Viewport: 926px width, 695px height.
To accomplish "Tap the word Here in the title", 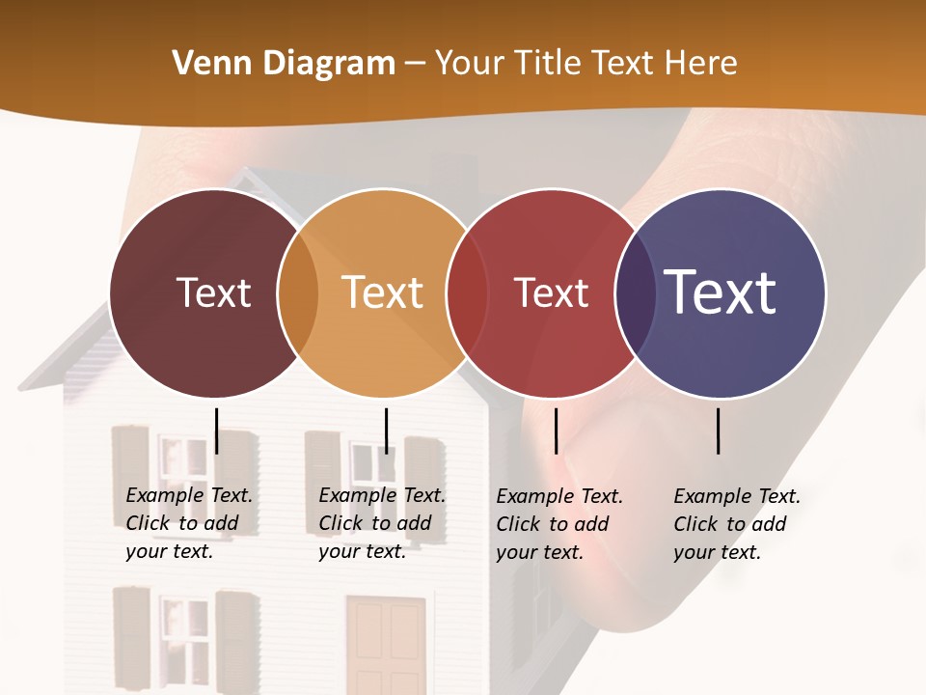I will click(700, 63).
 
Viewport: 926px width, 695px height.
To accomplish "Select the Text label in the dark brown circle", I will click(213, 292).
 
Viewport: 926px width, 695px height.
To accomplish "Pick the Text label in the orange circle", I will click(382, 292).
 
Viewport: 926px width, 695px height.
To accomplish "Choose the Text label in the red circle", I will click(551, 292).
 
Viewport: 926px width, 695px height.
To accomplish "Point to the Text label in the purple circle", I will click(720, 292).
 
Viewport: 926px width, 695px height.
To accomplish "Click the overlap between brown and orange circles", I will click(298, 293).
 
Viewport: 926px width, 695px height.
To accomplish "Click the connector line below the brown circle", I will click(216, 431).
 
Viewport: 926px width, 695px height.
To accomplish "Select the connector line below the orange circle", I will click(386, 431).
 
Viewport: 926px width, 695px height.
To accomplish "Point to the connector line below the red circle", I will click(556, 431).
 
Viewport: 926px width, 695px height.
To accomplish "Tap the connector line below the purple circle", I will click(718, 431).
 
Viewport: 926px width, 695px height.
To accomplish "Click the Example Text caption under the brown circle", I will click(188, 523).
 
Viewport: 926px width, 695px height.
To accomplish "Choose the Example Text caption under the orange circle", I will click(381, 523).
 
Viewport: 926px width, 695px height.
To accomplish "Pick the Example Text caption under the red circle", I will click(558, 524).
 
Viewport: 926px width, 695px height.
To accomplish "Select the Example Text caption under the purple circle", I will click(736, 524).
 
